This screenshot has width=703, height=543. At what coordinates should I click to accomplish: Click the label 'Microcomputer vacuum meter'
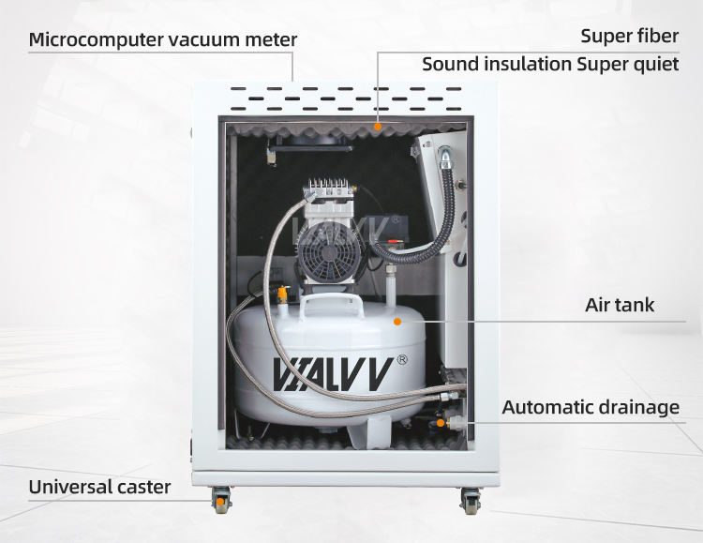(x=163, y=39)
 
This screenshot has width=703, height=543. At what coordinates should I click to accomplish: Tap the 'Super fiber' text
(x=630, y=36)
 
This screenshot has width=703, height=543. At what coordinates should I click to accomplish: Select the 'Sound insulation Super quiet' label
(x=550, y=64)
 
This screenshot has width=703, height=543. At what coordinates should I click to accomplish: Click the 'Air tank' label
(x=620, y=305)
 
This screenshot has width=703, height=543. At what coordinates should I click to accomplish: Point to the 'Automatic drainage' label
(x=591, y=407)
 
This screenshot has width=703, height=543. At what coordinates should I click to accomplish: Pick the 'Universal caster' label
(x=99, y=487)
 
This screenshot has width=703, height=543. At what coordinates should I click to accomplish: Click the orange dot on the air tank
(x=396, y=322)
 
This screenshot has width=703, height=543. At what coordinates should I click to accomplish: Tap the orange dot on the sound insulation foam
(x=378, y=127)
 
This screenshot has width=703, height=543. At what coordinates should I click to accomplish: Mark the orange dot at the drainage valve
(x=441, y=423)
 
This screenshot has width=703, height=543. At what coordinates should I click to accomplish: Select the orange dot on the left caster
(x=220, y=501)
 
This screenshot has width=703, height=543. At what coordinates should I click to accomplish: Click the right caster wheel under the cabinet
(x=471, y=501)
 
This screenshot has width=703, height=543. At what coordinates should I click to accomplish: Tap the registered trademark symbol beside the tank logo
(x=402, y=359)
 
